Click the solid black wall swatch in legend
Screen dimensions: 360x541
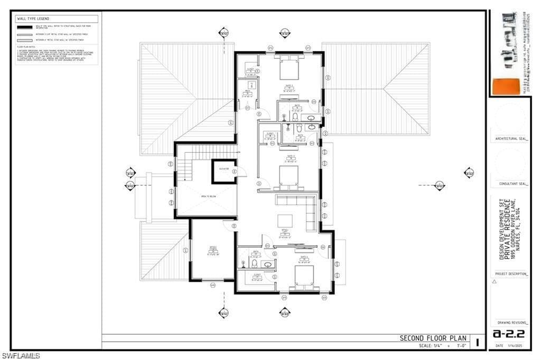[x=24, y=26]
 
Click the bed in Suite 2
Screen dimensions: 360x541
[x=289, y=69]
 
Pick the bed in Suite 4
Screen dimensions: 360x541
[x=304, y=275]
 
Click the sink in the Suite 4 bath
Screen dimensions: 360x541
[x=267, y=264]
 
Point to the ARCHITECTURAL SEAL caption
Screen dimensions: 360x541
[x=510, y=139]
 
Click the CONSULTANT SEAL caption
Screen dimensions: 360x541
[x=510, y=184]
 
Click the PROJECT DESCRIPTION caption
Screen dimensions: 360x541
[x=510, y=274]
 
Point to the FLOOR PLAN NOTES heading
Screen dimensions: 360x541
[x=25, y=47]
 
